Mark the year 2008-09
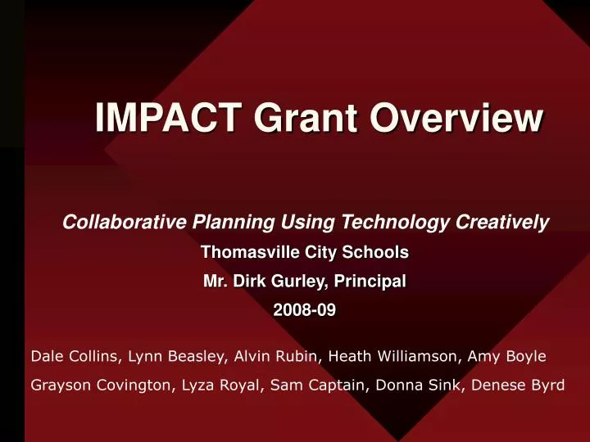click(304, 310)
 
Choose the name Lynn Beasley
click(161, 356)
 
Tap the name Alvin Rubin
click(261, 356)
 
